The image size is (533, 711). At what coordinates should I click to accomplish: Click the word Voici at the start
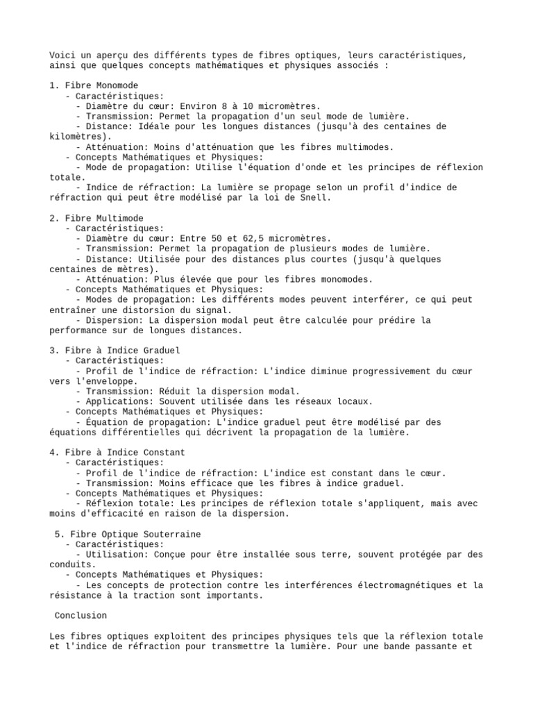click(x=62, y=55)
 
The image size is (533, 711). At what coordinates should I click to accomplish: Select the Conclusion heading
click(x=81, y=615)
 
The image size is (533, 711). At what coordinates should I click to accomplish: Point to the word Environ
click(x=190, y=106)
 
